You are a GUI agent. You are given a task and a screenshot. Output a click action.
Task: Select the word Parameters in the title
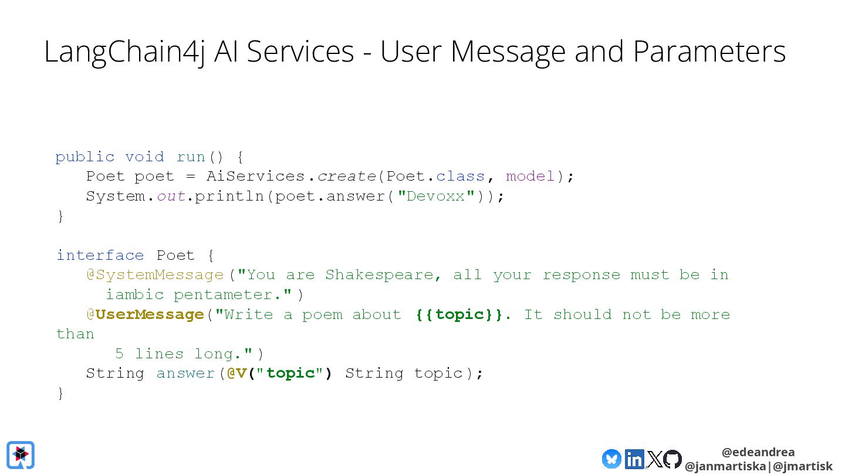point(709,52)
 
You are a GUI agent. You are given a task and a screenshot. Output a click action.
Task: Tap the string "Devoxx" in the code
point(436,196)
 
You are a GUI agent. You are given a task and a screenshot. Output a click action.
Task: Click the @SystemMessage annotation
point(155,274)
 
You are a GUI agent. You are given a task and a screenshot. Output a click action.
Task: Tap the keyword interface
point(100,255)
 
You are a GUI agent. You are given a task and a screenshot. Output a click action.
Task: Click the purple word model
point(530,176)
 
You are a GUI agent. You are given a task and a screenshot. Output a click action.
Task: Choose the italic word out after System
point(171,196)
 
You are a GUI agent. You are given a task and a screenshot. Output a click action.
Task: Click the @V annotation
point(236,373)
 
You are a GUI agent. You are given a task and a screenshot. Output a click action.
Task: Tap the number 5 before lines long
point(119,354)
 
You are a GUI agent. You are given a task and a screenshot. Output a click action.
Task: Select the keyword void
point(144,157)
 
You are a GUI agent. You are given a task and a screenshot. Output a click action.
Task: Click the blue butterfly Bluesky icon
point(611,459)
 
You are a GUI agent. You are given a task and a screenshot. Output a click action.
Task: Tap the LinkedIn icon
point(634,459)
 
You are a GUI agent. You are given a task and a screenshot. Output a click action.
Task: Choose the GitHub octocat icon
point(672,459)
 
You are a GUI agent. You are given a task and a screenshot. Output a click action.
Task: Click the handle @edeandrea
point(758,452)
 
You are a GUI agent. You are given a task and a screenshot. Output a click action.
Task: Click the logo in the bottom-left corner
point(21,455)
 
